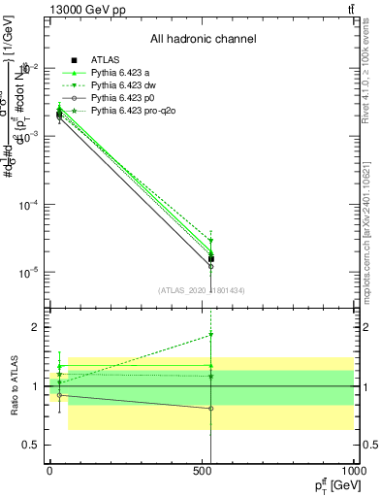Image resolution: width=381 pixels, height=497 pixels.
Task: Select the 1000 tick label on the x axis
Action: [x=354, y=469]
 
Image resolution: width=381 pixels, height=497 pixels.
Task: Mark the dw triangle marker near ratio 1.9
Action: [x=210, y=335]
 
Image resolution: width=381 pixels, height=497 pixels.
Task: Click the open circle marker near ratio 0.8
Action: [x=210, y=409]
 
